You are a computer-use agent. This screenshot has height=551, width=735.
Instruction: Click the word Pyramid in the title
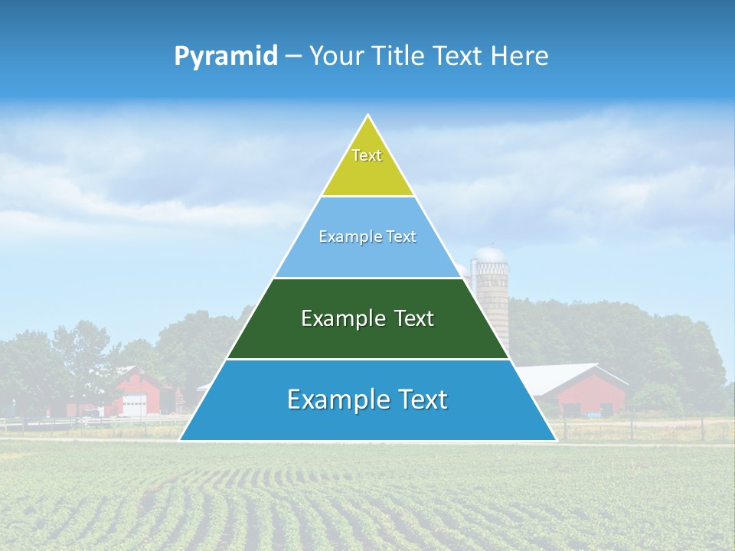coord(226,57)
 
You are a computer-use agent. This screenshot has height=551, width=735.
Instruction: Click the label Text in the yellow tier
coord(367,155)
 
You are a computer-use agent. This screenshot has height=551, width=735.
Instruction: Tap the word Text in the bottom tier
coord(417,399)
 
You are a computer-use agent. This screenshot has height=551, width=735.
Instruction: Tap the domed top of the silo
coord(490,253)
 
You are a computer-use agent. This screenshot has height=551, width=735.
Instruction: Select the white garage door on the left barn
coord(135,405)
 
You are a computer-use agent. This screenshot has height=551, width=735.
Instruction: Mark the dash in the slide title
coord(293,56)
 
